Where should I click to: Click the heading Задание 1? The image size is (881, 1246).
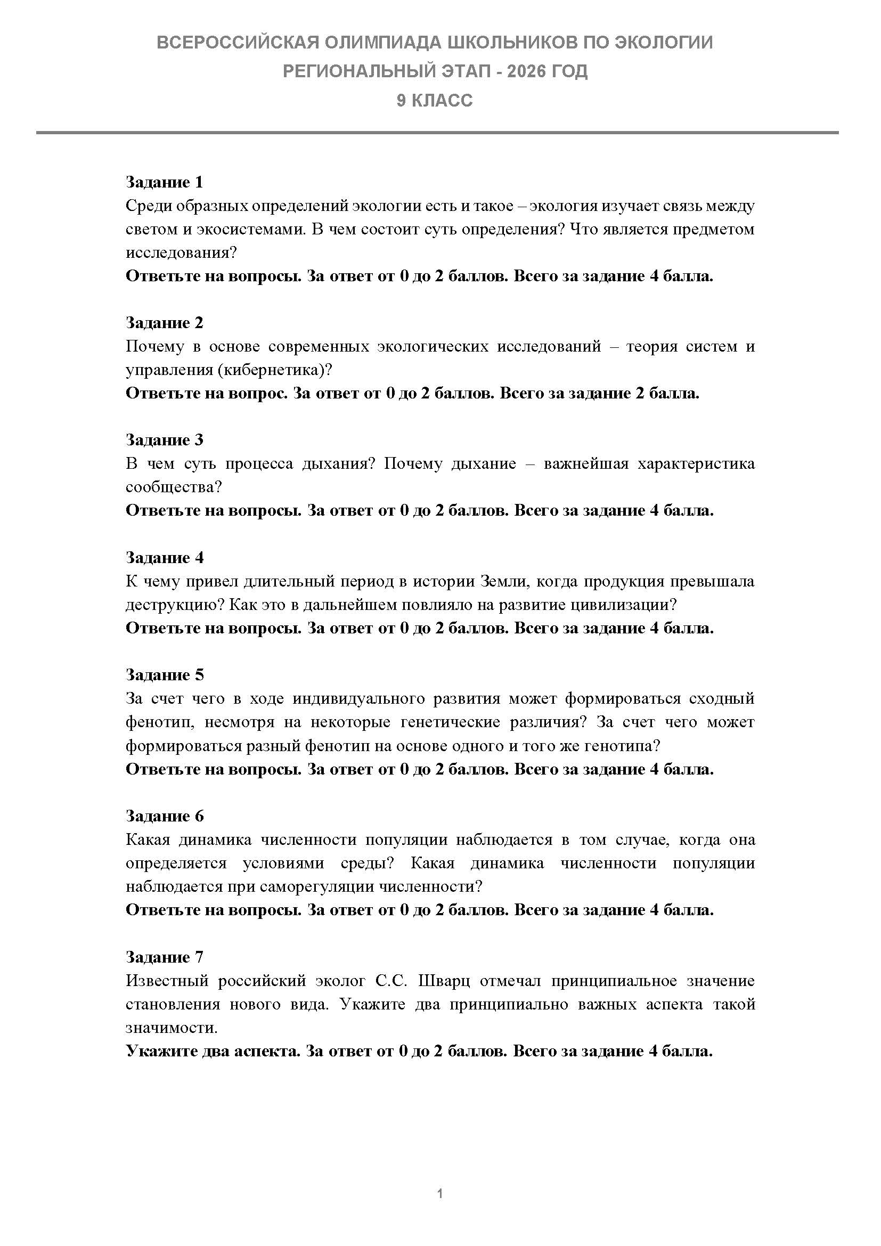click(165, 182)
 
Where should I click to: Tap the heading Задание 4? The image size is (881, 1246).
click(165, 558)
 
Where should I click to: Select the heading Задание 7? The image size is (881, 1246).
click(165, 957)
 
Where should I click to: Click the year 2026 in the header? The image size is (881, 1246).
click(527, 71)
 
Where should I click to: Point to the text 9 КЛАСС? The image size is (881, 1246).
click(435, 101)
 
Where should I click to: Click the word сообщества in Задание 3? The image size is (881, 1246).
click(174, 487)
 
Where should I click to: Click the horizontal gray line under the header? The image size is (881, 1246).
click(437, 133)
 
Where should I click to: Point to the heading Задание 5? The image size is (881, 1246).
click(165, 675)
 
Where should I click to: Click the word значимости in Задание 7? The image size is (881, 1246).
click(171, 1028)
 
